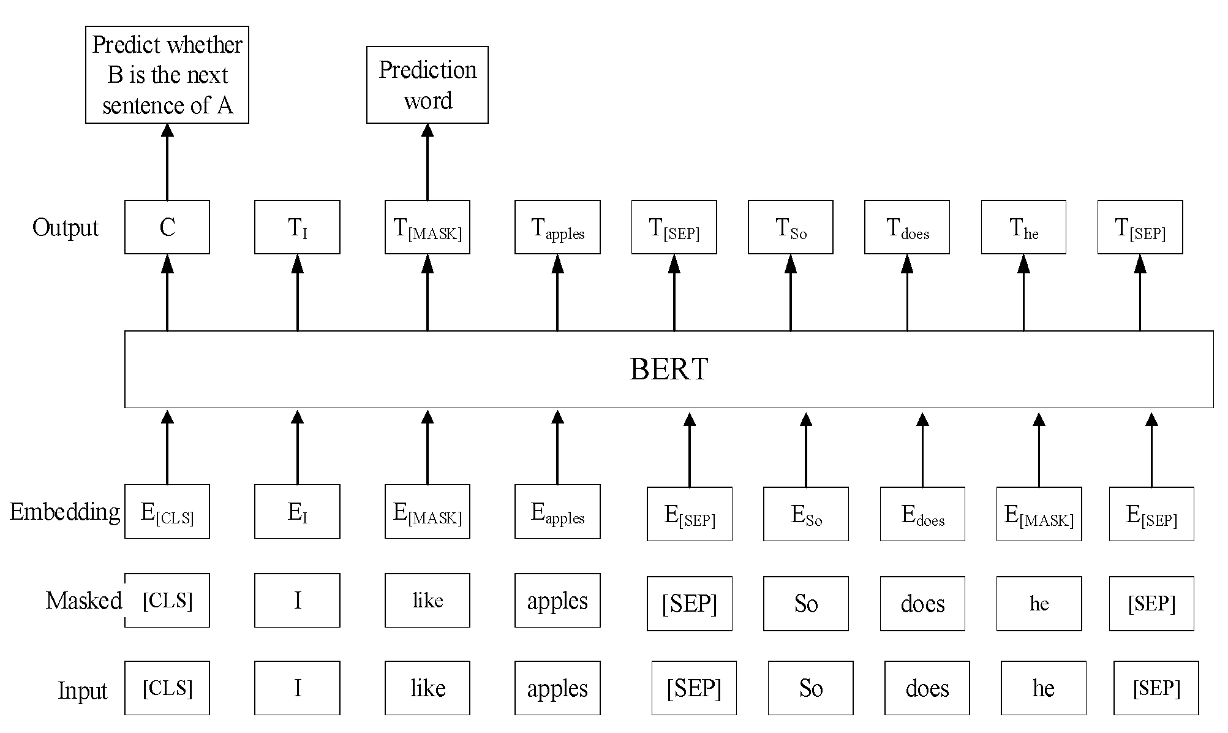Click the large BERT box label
669,369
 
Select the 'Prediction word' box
427,85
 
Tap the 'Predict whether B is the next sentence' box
167,75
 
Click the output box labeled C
167,227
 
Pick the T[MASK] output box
427,227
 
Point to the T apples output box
557,227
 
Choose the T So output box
790,227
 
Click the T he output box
1023,227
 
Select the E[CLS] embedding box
167,512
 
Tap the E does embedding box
922,514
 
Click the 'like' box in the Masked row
427,601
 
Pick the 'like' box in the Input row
427,688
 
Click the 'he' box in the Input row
1043,688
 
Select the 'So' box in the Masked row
805,604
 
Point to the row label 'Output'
65,227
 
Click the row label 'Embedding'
64,512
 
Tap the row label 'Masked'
83,601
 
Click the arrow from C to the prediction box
167,162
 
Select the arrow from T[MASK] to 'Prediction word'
427,162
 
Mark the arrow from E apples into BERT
557,447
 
